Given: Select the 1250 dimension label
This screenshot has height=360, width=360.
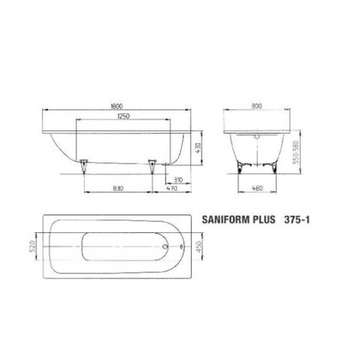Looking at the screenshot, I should [x=119, y=116].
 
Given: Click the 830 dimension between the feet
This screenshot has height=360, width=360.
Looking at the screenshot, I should [x=118, y=189].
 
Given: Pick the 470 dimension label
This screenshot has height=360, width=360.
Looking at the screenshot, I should [x=171, y=189].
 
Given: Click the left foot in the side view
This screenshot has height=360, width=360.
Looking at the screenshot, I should [x=84, y=165].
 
